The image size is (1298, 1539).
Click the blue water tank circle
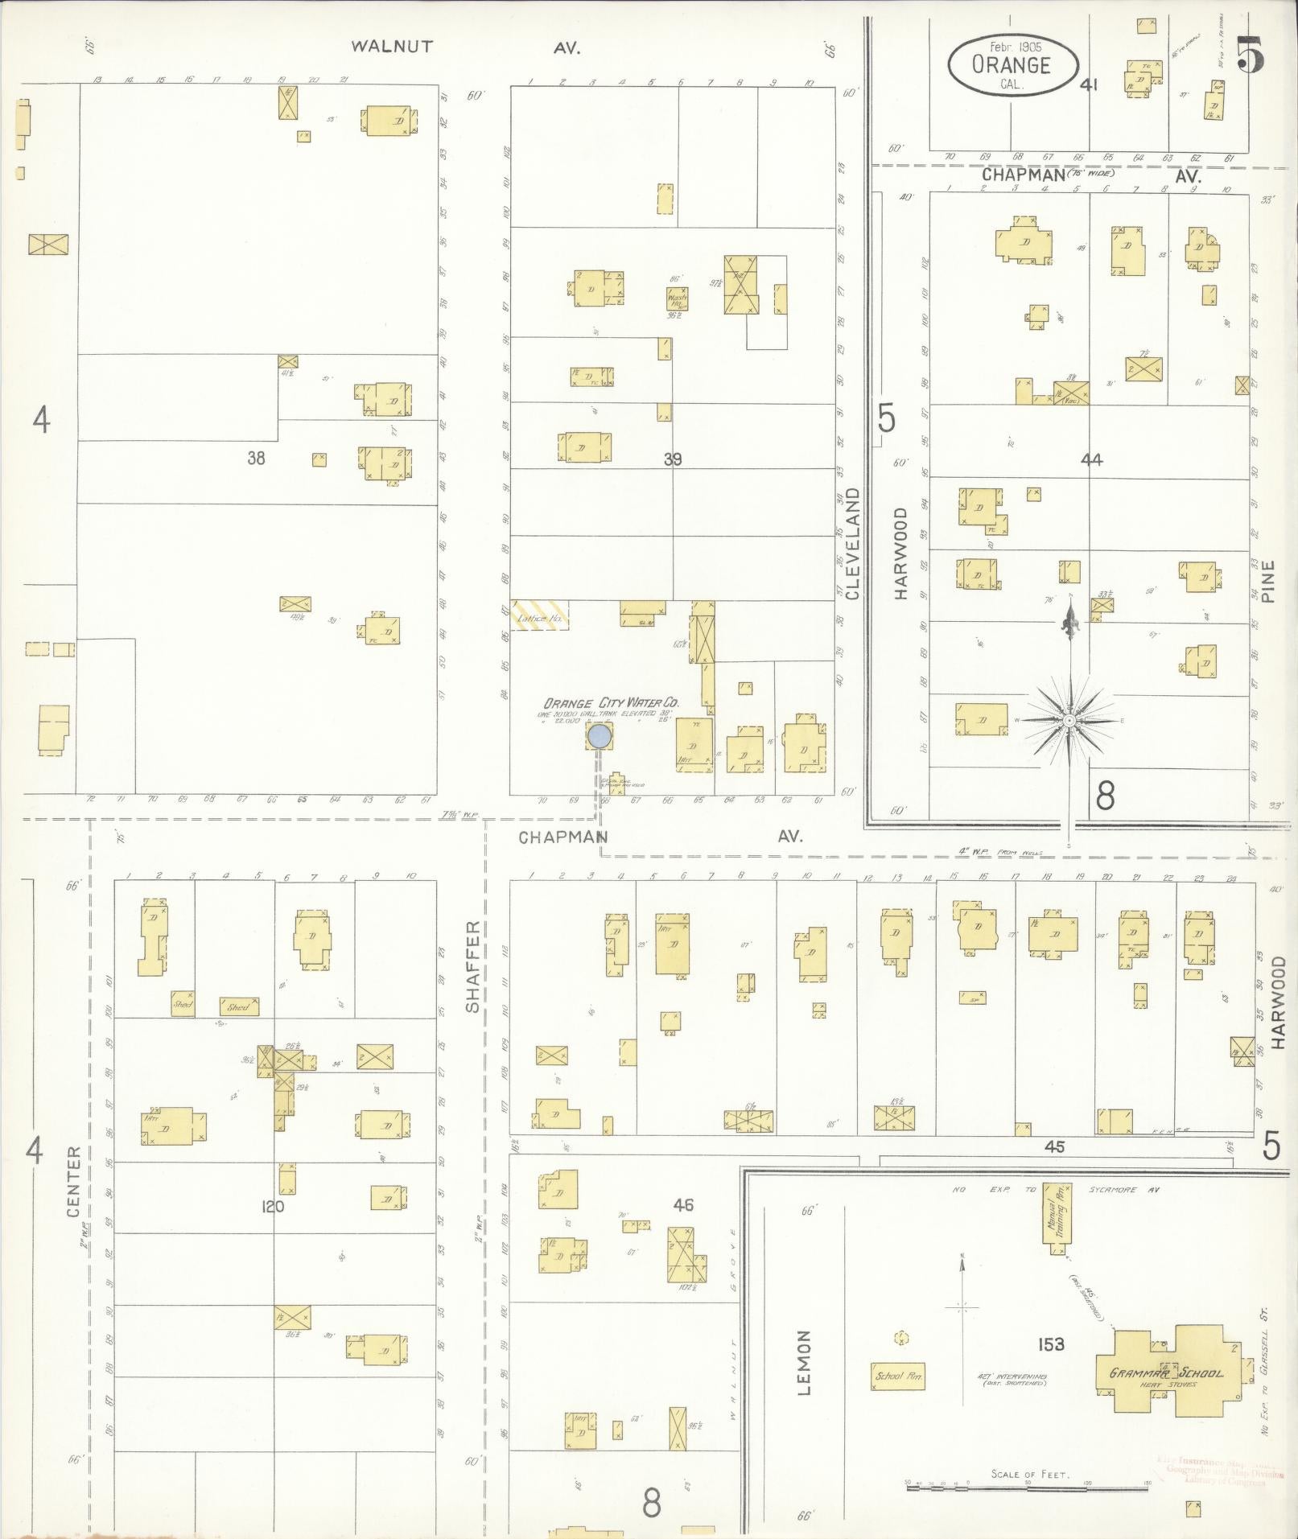599,735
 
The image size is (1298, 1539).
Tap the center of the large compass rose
1069,721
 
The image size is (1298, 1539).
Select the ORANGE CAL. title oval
1012,66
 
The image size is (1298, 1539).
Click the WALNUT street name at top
392,47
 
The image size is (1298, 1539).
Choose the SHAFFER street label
473,966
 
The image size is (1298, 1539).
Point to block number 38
256,459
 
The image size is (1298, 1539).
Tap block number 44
1091,459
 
